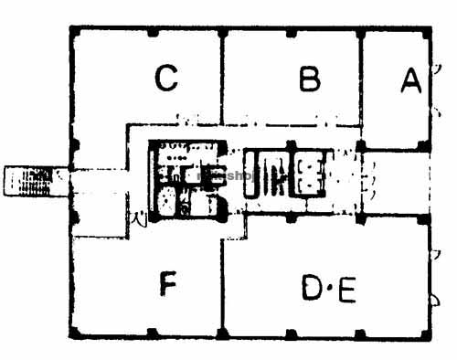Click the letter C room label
click(165, 80)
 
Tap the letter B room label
click(310, 80)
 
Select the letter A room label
click(410, 81)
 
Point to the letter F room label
click(166, 286)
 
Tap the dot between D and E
click(330, 291)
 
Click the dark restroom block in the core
click(186, 178)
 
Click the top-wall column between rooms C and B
click(222, 30)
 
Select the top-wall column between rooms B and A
click(361, 30)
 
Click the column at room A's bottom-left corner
click(361, 144)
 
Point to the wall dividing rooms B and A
click(361, 87)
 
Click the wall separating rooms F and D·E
click(222, 283)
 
